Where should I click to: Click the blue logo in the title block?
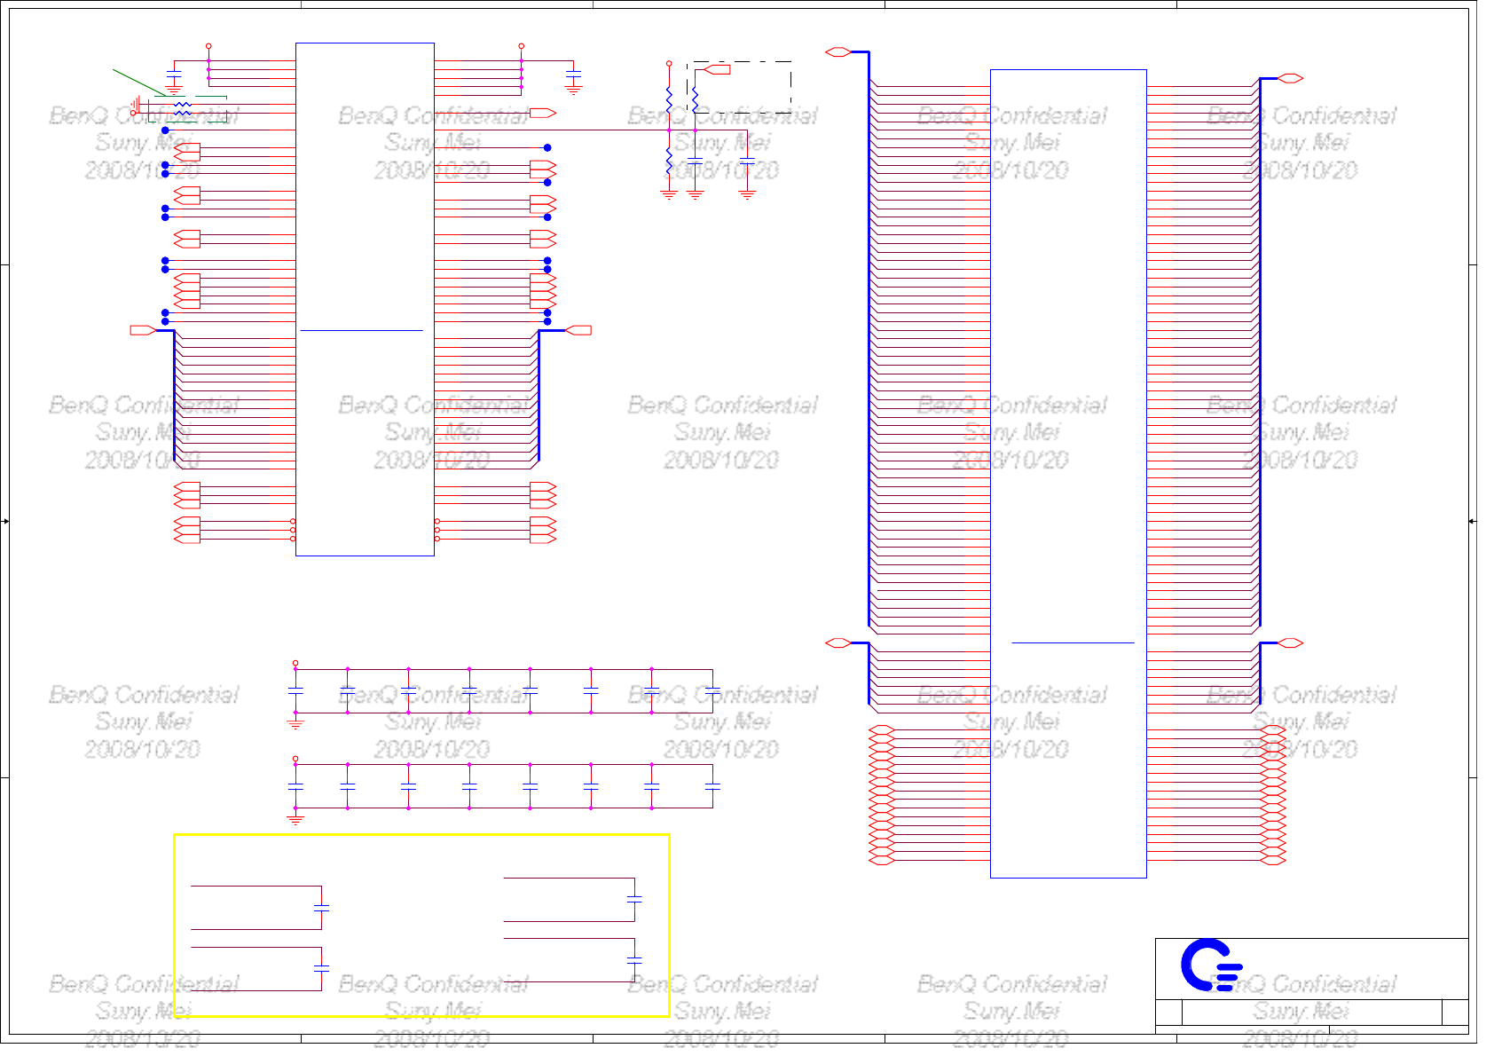coord(1209,965)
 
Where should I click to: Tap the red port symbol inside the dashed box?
coord(717,69)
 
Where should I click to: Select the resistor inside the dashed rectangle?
coord(696,99)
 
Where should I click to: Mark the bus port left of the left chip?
coord(143,330)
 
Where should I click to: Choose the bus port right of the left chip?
coord(578,330)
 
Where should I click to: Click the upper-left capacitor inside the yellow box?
coord(321,908)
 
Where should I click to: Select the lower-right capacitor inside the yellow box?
coord(634,960)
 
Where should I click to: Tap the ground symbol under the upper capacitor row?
coord(295,723)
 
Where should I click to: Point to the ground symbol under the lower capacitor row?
coord(295,818)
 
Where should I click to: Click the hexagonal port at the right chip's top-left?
coord(837,52)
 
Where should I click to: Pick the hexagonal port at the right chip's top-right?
coord(1291,78)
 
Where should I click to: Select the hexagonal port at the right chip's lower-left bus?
coord(837,642)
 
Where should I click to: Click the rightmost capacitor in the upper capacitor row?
coord(712,690)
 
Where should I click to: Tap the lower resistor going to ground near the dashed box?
coord(669,162)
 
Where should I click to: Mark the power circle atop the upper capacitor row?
coord(295,663)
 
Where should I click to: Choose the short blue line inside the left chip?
coord(361,330)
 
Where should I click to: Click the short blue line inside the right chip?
coord(1073,642)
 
